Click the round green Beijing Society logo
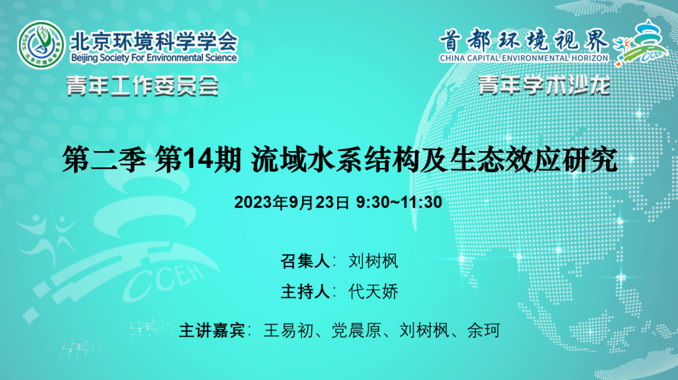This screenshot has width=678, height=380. pyautogui.click(x=41, y=45)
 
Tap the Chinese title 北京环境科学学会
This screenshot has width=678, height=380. pyautogui.click(x=154, y=41)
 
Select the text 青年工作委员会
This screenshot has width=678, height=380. pyautogui.click(x=143, y=86)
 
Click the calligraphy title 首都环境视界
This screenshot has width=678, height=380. pyautogui.click(x=524, y=41)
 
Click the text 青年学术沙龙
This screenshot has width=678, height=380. pyautogui.click(x=544, y=85)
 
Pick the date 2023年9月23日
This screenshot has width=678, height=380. pyautogui.click(x=291, y=202)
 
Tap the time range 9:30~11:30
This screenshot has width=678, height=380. pyautogui.click(x=399, y=202)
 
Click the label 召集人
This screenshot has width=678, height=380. pyautogui.click(x=305, y=261)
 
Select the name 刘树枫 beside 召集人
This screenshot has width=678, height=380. pyautogui.click(x=373, y=261)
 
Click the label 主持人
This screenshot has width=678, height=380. pyautogui.click(x=305, y=292)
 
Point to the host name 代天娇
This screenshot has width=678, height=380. pyautogui.click(x=373, y=292)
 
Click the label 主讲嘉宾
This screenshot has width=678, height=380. pyautogui.click(x=212, y=330)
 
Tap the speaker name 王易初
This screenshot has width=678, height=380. pyautogui.click(x=288, y=330)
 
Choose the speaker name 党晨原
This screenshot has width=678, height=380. pyautogui.click(x=357, y=330)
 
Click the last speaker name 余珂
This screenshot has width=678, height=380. pyautogui.click(x=484, y=330)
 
